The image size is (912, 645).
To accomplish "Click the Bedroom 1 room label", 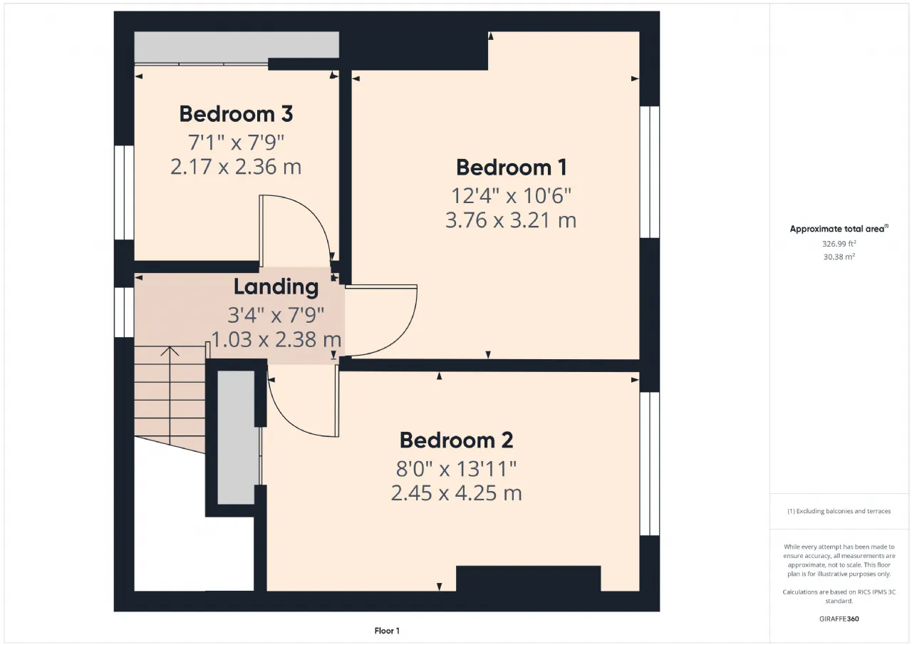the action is click(x=511, y=167).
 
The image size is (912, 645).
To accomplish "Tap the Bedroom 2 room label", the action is click(x=457, y=440).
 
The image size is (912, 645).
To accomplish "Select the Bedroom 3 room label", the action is click(x=236, y=113).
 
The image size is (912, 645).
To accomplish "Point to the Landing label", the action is click(x=276, y=287).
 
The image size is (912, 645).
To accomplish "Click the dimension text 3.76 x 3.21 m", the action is click(x=511, y=220).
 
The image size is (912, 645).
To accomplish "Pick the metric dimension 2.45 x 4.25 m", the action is click(x=457, y=493).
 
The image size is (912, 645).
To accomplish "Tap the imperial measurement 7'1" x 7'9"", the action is click(x=236, y=143).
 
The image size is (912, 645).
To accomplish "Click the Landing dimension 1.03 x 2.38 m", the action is click(x=276, y=339).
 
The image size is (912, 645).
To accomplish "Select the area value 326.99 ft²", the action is click(x=839, y=244).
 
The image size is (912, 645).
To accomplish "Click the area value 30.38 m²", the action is click(x=839, y=257).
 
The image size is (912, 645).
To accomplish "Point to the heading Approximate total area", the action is click(x=839, y=229).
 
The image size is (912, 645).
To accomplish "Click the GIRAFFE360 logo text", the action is click(x=839, y=619).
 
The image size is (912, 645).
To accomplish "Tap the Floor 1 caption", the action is click(x=387, y=631).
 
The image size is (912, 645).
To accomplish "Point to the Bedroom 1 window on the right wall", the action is click(x=649, y=172).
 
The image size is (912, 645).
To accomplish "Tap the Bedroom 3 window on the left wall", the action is click(x=124, y=192).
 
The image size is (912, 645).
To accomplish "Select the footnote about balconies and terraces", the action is click(x=839, y=511).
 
